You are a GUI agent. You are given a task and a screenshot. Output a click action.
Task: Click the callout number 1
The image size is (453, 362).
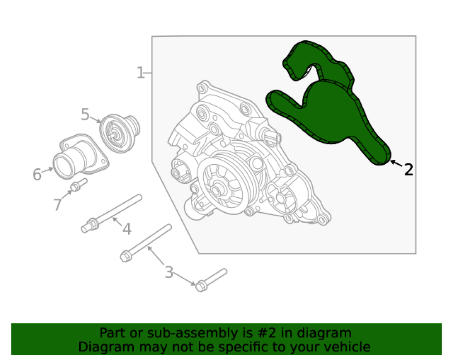[x=140, y=73]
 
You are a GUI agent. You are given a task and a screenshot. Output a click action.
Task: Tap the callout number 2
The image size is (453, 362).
[x=409, y=170]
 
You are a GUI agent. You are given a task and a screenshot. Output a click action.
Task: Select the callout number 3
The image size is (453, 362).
[x=169, y=272]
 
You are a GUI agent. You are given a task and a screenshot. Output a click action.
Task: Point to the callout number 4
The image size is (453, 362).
[x=127, y=229]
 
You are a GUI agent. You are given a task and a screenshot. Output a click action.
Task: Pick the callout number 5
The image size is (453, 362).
[x=85, y=114]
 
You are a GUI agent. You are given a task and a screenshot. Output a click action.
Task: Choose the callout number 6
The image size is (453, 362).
[x=37, y=174]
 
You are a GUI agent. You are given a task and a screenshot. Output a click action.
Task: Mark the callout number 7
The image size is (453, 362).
[x=58, y=205]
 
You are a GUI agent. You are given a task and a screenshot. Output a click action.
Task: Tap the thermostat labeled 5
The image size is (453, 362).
[x=119, y=133]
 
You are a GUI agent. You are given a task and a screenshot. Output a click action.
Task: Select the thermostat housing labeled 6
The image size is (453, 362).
[x=81, y=156]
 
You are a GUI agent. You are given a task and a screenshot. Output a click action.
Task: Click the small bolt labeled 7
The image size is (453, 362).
[x=78, y=185]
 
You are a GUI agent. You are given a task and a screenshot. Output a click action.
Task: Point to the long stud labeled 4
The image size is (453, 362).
[x=111, y=214]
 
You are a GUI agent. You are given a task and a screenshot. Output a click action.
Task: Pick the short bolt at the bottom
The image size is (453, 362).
[x=211, y=280]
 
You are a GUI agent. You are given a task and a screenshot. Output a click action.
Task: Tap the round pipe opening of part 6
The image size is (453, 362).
[x=63, y=167]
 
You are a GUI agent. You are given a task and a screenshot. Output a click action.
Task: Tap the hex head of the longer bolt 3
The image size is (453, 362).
[x=125, y=257]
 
